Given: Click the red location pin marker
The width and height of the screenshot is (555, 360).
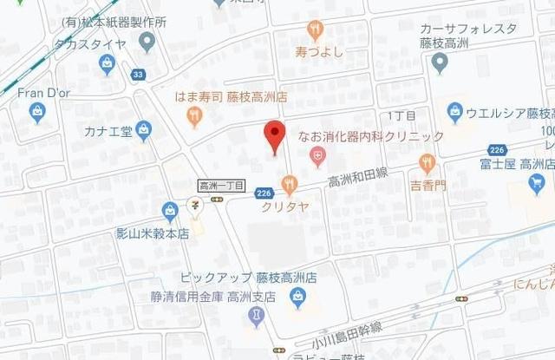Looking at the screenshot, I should click(274, 137).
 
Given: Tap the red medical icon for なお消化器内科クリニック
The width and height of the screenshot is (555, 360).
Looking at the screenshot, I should click(318, 156).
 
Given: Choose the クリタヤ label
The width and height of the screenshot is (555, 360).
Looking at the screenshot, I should click(284, 206).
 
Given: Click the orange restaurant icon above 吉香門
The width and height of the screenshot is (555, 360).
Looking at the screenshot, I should click(427, 162).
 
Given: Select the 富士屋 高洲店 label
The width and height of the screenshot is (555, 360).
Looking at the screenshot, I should click(517, 163).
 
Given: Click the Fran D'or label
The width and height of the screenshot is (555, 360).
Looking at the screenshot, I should click(39, 91).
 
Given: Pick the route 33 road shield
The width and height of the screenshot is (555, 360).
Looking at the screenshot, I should click(138, 75).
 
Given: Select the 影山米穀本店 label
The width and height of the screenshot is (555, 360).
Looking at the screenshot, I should click(152, 232).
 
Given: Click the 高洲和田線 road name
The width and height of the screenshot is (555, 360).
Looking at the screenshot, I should click(357, 180).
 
